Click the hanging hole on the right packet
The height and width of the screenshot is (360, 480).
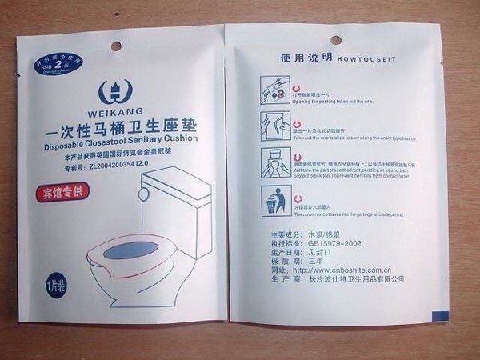335,40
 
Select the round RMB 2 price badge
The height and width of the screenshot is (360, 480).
50,66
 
